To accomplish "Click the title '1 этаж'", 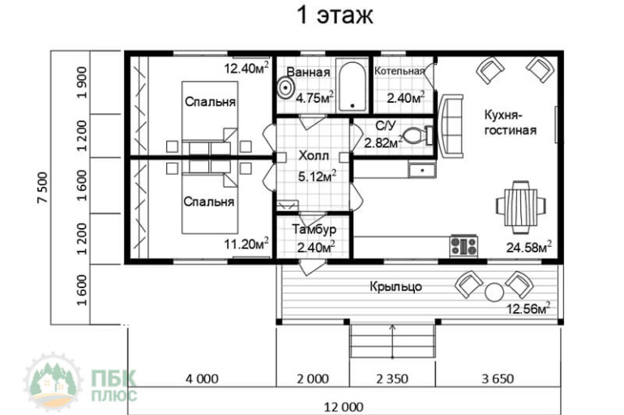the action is (335, 15).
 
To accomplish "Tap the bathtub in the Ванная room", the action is (353, 86).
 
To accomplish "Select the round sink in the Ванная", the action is (286, 87).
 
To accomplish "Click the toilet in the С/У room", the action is (418, 135).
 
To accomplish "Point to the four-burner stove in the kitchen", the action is (464, 246).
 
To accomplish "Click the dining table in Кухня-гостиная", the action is (521, 206).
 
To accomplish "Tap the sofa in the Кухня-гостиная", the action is (451, 126).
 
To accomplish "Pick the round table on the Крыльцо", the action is (494, 292).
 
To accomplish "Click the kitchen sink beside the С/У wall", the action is (422, 170).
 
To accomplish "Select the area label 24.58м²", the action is (529, 247).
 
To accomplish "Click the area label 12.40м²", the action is (246, 67).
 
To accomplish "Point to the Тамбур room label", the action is (314, 230).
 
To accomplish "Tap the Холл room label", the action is (314, 155).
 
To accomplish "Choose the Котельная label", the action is (400, 71).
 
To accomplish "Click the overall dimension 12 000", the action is (344, 407).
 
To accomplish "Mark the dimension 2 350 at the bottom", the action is (392, 379).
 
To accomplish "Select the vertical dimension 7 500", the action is (43, 188).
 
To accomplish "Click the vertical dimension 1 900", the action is (82, 83).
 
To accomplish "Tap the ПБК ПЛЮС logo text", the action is (114, 385).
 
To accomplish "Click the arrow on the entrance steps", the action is (393, 341).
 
